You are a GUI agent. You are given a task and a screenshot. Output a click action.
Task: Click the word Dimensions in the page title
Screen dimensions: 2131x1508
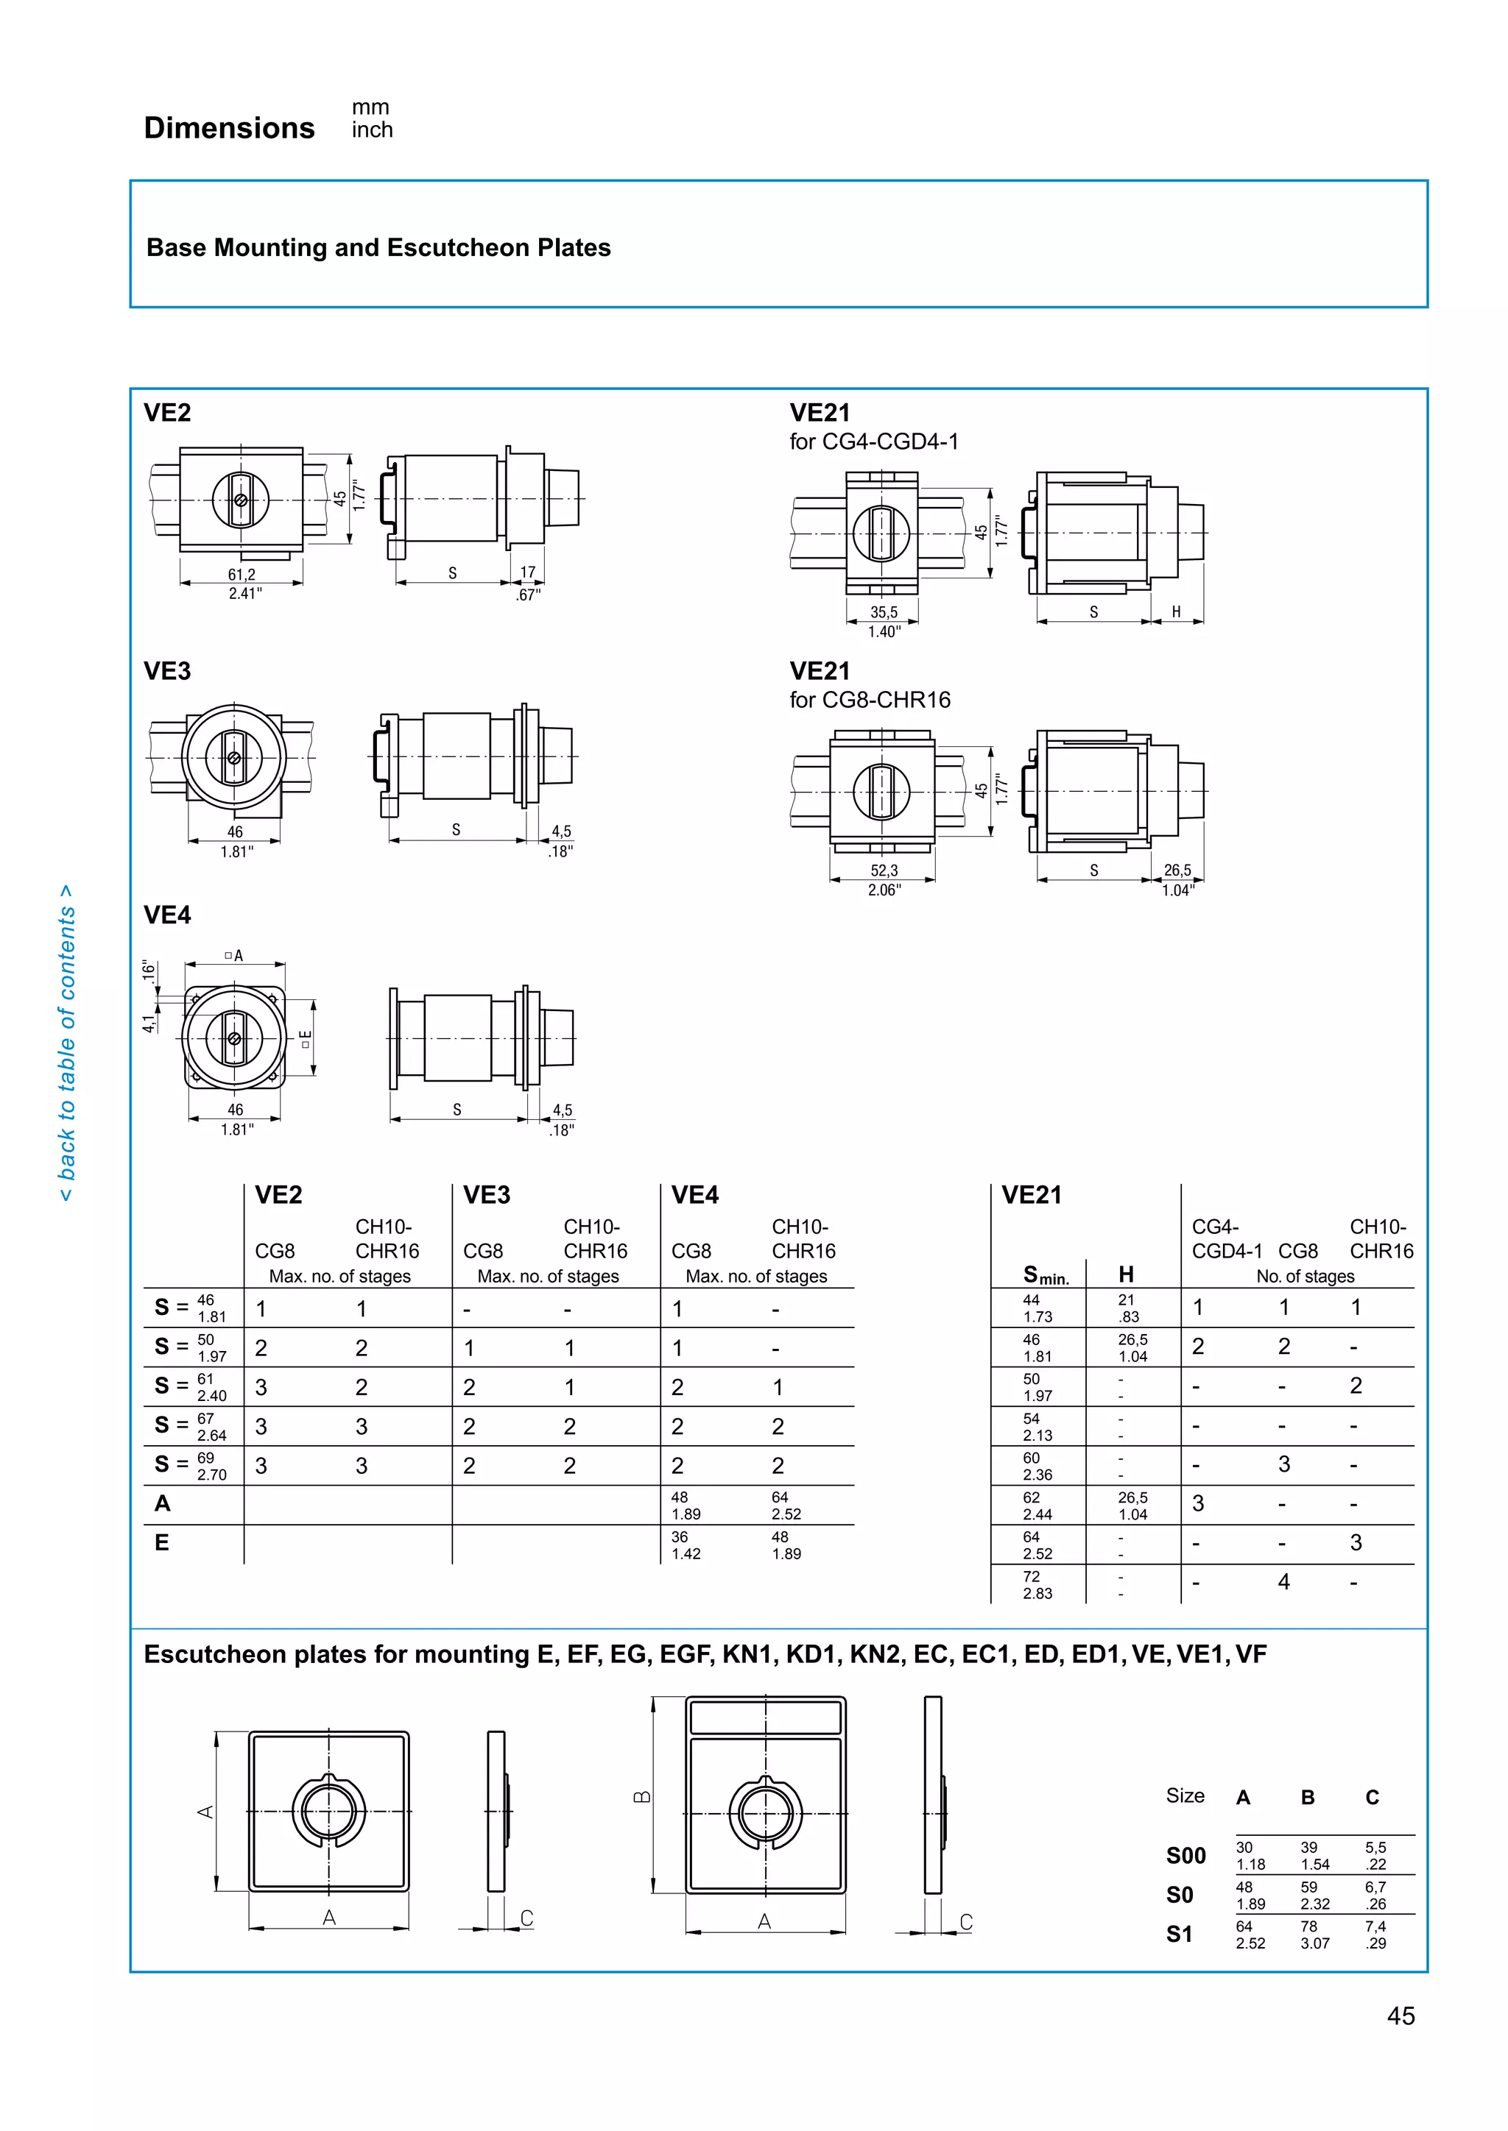pyautogui.click(x=229, y=128)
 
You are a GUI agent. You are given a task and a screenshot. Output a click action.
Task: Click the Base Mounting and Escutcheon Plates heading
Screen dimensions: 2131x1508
pyautogui.click(x=378, y=248)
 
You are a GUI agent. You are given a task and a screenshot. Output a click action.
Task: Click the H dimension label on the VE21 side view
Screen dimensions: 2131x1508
pyautogui.click(x=1176, y=611)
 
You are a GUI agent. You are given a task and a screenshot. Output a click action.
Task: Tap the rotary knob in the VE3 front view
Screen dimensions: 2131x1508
pyautogui.click(x=234, y=757)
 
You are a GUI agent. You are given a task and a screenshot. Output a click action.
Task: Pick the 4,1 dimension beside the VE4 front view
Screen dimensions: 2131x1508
pyautogui.click(x=149, y=1023)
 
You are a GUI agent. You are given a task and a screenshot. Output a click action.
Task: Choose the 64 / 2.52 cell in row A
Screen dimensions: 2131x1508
pyautogui.click(x=786, y=1506)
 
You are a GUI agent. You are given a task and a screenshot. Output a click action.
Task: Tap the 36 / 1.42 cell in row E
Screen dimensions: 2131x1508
pyautogui.click(x=686, y=1545)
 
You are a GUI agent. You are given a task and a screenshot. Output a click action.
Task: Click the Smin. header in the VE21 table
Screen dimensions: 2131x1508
pyautogui.click(x=1046, y=1275)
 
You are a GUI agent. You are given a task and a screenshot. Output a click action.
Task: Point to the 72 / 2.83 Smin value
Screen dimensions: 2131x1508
pyautogui.click(x=1037, y=1585)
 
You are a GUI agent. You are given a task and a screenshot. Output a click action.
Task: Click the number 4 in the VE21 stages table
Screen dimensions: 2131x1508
pyautogui.click(x=1283, y=1583)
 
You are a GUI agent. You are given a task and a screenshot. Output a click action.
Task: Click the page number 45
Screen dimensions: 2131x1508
pyautogui.click(x=1400, y=2017)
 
